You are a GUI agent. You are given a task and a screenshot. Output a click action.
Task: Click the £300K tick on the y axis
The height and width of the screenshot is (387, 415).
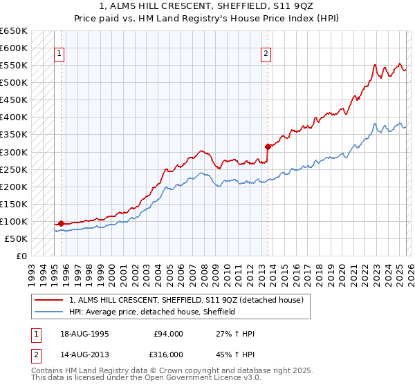(x=14, y=152)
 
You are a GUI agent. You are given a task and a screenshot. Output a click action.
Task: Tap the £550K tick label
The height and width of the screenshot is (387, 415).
(x=14, y=65)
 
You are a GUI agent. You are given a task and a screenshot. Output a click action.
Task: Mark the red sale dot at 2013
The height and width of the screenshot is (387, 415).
(x=267, y=146)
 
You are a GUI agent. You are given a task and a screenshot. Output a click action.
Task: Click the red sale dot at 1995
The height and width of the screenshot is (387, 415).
(x=61, y=223)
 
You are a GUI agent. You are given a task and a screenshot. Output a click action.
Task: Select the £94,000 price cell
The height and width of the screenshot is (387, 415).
(x=169, y=334)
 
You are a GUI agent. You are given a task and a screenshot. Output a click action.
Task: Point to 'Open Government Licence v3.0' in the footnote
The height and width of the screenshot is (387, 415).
(x=205, y=380)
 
